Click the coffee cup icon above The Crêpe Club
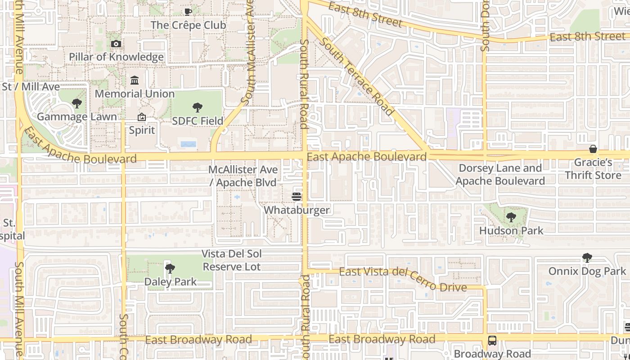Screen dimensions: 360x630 188,12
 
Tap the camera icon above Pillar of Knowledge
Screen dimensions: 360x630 116,44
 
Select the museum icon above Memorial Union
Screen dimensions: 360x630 135,81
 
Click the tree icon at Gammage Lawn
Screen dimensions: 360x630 77,103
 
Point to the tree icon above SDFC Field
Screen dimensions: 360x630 197,108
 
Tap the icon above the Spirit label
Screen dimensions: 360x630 142,117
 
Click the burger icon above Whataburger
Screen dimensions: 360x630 297,196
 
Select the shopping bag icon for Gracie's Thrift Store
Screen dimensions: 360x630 593,149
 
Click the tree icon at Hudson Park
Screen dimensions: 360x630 511,217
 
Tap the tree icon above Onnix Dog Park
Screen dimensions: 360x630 587,258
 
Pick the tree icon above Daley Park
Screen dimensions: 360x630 170,269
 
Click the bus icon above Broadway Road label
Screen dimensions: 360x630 492,341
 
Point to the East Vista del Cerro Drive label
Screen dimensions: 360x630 403,279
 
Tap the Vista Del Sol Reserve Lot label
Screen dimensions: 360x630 231,260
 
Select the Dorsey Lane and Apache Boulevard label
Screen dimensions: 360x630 500,175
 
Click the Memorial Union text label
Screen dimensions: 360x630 135,94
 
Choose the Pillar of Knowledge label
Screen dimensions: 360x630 116,57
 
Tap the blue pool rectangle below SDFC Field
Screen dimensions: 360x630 188,144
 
